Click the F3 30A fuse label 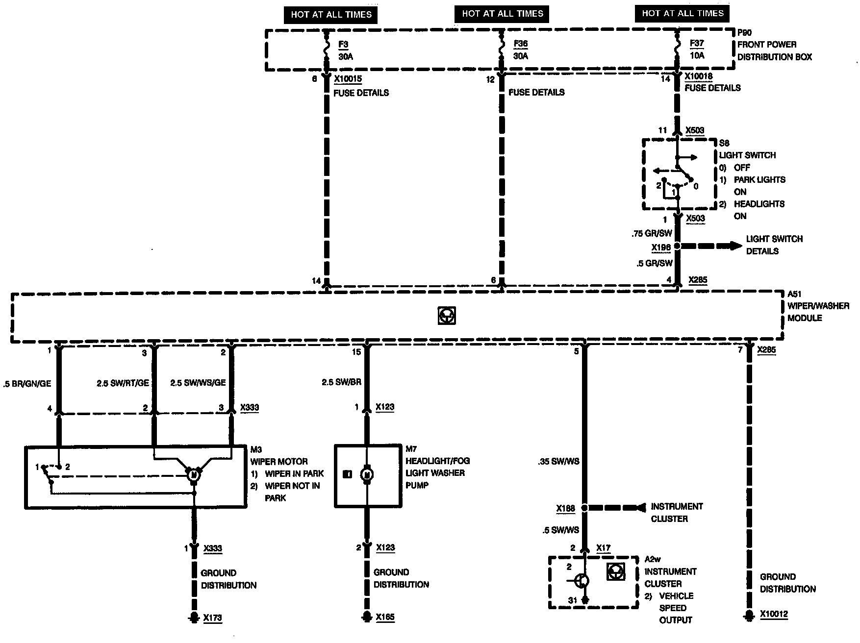(x=345, y=50)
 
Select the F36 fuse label (x=520, y=49)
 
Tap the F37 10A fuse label (x=697, y=49)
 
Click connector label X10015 (x=348, y=79)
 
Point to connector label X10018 (x=698, y=76)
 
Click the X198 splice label (x=661, y=248)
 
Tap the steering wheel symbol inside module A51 (x=447, y=316)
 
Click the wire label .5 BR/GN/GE (x=27, y=384)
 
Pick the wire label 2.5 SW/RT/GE (x=123, y=383)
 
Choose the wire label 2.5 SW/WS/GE (x=198, y=382)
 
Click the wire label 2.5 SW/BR (x=341, y=382)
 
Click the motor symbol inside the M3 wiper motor (x=194, y=474)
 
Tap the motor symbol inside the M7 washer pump (x=367, y=474)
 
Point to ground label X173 (x=213, y=618)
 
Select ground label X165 (x=385, y=618)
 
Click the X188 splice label (x=565, y=509)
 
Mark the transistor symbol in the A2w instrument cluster (x=582, y=581)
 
